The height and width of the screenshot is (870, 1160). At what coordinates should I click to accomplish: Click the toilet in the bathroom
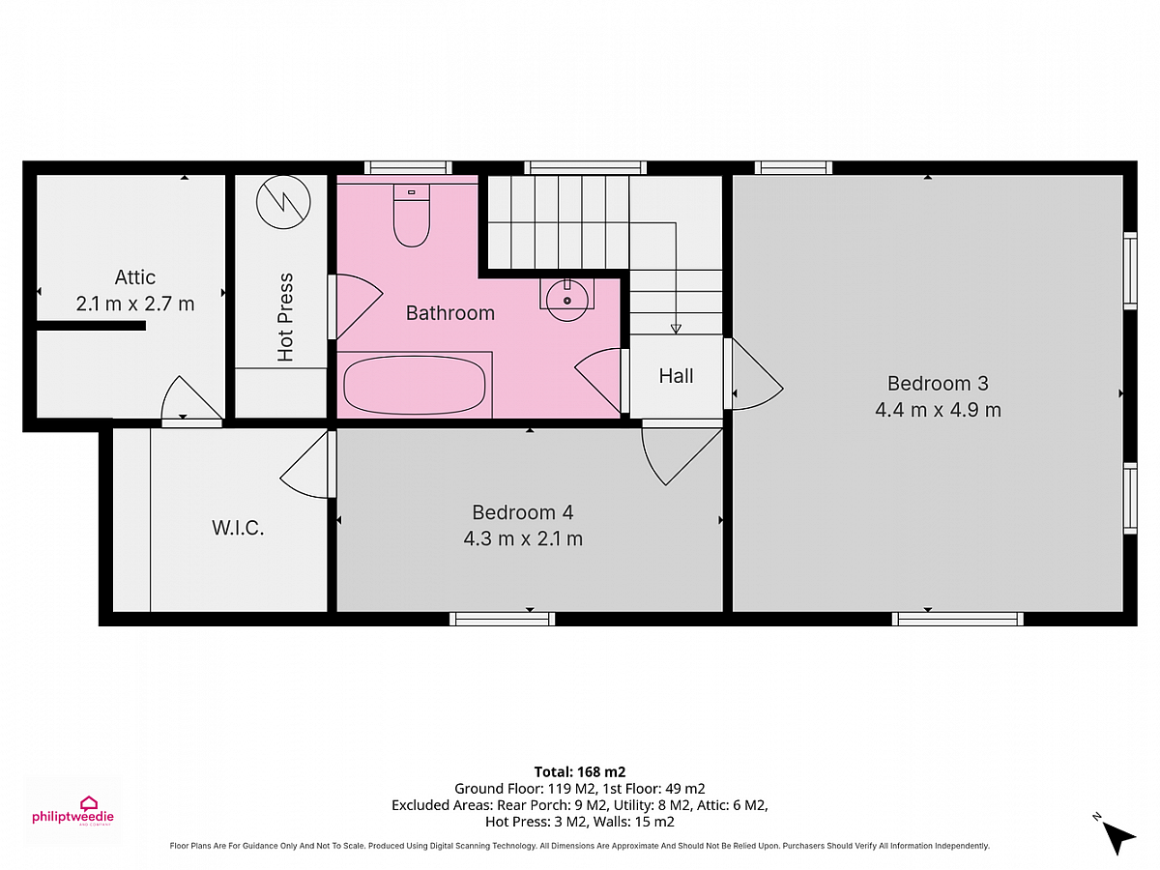tap(411, 215)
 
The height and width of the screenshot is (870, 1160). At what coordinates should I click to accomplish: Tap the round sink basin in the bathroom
tap(566, 301)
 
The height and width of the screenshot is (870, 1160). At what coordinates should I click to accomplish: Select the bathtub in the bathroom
tap(415, 385)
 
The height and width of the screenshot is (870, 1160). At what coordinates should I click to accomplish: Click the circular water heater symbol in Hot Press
tap(283, 202)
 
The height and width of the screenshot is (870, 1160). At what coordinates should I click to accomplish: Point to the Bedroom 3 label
tap(938, 384)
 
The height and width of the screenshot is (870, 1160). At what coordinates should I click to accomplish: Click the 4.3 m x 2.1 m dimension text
tap(523, 538)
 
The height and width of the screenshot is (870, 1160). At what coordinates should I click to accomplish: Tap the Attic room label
tap(135, 277)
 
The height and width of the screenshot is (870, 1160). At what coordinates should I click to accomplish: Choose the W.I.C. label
tap(238, 528)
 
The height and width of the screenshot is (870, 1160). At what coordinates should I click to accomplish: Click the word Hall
tap(676, 376)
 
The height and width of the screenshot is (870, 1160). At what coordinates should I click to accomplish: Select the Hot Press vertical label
tap(285, 317)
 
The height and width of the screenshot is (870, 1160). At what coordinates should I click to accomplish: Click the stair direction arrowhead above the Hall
tap(676, 329)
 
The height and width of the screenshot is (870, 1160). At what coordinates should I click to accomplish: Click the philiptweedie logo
tap(72, 811)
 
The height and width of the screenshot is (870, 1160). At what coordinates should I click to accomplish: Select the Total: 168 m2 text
tap(580, 771)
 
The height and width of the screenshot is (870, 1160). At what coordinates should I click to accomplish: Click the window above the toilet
tap(408, 168)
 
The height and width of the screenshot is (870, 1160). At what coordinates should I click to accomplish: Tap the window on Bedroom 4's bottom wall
tap(502, 619)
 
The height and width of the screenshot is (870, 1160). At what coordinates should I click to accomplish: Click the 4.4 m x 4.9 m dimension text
tap(938, 410)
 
